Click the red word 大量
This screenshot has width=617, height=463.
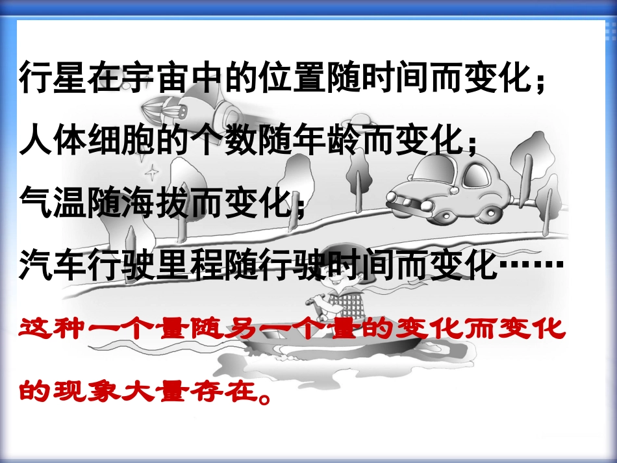[162, 392]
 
